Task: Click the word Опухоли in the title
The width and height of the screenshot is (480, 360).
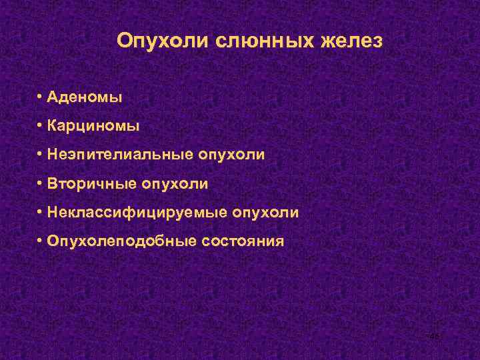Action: (163, 41)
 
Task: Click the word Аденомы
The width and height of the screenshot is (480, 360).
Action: (84, 97)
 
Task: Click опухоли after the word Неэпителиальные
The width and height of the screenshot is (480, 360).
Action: (231, 155)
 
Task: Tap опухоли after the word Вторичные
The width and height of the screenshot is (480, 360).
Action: (175, 183)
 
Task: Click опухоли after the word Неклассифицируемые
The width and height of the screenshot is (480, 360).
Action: (265, 213)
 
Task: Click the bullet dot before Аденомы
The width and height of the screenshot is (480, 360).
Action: (41, 97)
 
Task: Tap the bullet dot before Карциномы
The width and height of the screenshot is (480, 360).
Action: (41, 126)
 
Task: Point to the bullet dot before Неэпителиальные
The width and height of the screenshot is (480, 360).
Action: (41, 155)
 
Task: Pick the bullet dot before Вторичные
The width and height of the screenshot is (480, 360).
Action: (41, 183)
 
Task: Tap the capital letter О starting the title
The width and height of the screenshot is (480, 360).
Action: (124, 41)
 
